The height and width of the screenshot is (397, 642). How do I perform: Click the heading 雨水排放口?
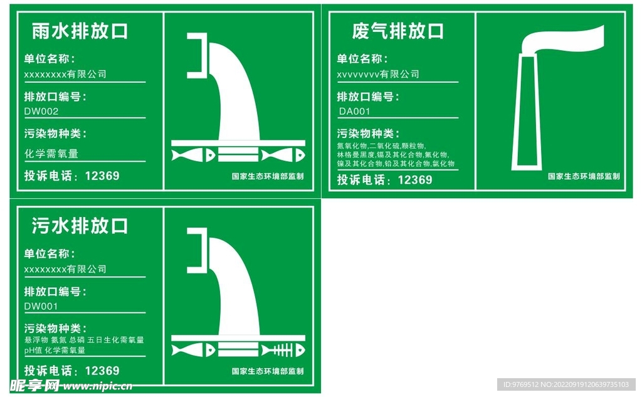[80, 31]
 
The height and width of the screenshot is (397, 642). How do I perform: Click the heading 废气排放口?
[397, 31]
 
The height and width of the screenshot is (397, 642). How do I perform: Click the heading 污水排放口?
[80, 226]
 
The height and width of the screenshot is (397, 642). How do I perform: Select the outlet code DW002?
[41, 112]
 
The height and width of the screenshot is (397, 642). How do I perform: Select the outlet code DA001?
[354, 112]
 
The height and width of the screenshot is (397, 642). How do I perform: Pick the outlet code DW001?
[41, 307]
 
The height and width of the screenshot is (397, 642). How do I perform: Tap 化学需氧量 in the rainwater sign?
[51, 154]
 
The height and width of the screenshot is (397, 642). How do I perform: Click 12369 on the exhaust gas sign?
[414, 180]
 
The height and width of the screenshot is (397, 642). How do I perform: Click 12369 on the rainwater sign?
[102, 176]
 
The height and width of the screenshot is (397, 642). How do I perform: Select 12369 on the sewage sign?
[102, 371]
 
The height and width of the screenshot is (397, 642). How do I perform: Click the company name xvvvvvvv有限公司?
[378, 75]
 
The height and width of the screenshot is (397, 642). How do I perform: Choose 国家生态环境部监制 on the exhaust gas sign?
[584, 176]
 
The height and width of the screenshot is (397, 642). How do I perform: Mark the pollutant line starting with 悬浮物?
[84, 340]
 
